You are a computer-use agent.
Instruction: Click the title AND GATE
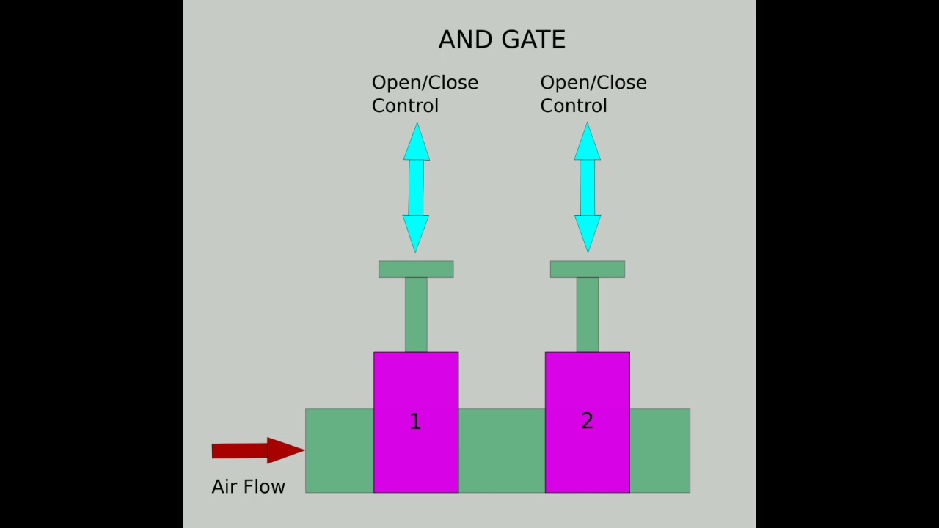502,40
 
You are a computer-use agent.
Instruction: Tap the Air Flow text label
248,487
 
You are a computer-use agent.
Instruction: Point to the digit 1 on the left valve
415,422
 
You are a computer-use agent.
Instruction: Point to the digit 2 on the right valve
587,421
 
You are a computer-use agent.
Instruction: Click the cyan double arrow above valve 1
416,188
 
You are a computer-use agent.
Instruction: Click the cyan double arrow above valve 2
587,188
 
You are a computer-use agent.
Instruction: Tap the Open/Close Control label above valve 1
424,94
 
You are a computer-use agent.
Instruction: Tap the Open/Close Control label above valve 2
593,94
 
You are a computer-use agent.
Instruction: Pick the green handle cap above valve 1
416,269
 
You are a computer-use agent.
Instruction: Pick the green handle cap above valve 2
587,269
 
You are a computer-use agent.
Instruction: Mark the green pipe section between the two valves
502,450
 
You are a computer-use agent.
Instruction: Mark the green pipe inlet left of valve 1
339,450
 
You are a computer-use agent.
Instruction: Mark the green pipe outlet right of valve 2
660,450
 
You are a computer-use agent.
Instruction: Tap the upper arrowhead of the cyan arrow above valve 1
417,144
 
